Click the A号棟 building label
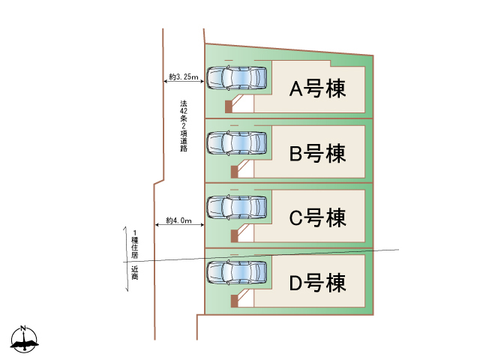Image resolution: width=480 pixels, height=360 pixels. coord(317,90)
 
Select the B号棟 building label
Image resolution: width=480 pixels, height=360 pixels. coord(317,154)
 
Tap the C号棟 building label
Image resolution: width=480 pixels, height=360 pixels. coord(317,218)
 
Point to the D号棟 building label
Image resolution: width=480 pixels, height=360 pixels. coord(317,283)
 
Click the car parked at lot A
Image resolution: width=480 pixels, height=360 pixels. coord(236,77)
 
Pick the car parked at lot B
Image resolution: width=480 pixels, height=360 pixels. coord(236,142)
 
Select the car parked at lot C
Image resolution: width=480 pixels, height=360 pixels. coord(236,206)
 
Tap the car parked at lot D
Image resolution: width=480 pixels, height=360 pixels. coord(236,271)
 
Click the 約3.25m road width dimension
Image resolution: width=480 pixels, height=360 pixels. coord(184,77)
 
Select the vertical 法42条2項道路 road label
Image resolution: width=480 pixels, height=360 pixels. coord(184,126)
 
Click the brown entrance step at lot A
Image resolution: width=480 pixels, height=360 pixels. coord(229,106)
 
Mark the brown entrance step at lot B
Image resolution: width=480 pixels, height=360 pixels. coord(234,172)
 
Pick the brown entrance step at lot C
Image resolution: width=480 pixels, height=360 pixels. coord(234,236)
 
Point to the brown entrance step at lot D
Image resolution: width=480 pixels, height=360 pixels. coord(234,301)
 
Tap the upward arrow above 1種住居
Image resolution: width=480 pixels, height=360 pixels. coord(125,240)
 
